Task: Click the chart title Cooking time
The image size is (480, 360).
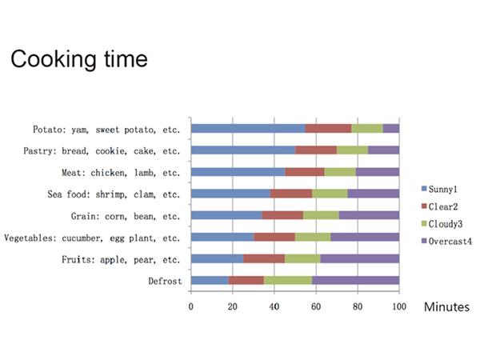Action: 79,59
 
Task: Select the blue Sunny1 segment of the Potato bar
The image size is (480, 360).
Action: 248,129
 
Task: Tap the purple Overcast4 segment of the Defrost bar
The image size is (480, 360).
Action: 355,281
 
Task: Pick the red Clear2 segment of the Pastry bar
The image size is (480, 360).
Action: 316,150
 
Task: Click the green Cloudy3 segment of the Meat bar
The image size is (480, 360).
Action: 340,172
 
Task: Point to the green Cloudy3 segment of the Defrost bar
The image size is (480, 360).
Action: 288,281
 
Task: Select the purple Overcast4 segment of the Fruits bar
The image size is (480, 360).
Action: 360,258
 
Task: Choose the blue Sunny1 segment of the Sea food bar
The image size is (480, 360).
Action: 231,194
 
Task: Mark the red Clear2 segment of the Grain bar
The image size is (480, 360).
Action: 282,215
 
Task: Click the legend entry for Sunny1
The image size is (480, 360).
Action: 439,189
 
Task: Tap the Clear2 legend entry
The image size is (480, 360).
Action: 439,206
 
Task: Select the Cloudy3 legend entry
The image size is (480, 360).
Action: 442,224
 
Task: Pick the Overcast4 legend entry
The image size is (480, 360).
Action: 446,242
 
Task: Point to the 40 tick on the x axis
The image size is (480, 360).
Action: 274,306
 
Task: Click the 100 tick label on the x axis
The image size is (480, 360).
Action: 399,306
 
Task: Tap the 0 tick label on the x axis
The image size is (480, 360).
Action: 191,306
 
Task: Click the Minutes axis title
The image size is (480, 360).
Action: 446,306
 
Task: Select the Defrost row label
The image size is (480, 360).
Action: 165,281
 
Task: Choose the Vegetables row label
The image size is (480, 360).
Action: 92,238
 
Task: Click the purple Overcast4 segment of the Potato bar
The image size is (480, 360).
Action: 391,129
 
